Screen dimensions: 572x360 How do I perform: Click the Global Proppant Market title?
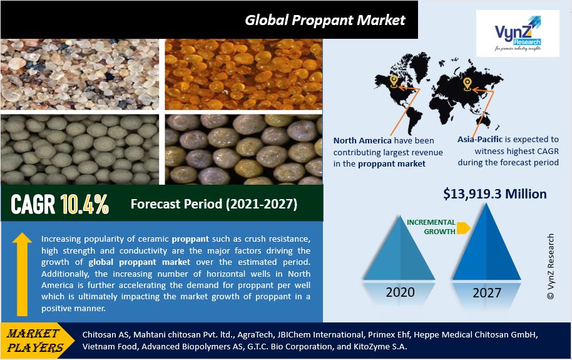325,20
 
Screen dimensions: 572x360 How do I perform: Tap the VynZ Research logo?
518,34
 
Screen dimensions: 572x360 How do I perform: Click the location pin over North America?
393,81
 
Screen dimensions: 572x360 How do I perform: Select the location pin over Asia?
467,85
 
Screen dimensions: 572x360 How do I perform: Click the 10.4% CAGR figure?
84,203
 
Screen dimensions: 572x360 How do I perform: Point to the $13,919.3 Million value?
495,194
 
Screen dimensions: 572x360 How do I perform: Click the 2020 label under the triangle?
400,292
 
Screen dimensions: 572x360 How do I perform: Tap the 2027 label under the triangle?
487,293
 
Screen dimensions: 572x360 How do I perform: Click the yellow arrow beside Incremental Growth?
463,228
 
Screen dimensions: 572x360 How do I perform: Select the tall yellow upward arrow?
23,274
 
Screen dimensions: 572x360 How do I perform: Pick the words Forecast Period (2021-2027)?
214,203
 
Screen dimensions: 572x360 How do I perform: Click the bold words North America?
362,141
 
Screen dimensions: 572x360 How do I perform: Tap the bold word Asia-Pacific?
480,139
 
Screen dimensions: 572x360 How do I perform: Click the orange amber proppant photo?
243,75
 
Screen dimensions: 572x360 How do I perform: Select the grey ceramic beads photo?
80,150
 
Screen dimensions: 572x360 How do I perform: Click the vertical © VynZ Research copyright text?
551,267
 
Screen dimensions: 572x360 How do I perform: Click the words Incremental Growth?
431,227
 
